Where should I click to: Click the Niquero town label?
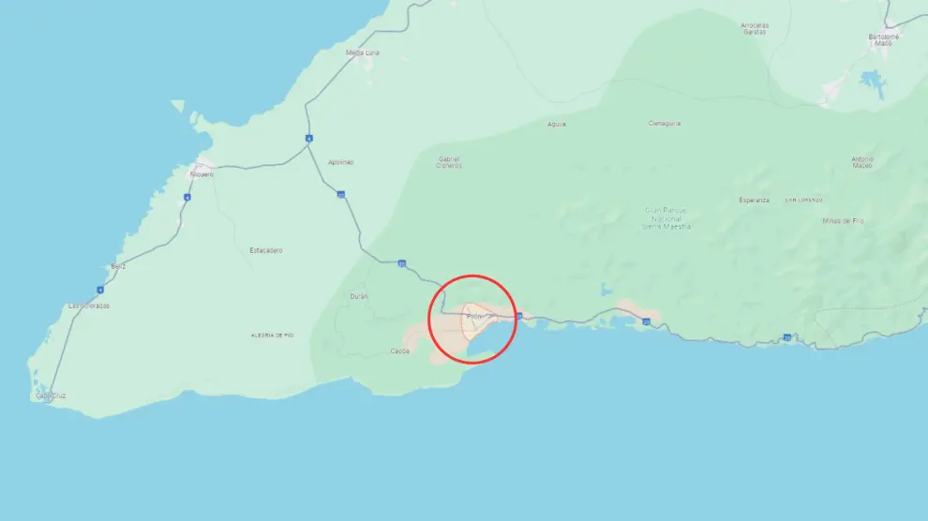[x=202, y=174]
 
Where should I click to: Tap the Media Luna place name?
[x=360, y=52]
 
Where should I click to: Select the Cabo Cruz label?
[x=51, y=395]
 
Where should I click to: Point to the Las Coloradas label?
[x=89, y=305]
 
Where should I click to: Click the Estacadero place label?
[x=266, y=250]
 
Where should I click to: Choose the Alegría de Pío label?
[x=273, y=335]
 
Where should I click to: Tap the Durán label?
[x=359, y=295]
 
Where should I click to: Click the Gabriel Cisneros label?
[x=450, y=162]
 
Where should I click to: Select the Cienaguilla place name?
[x=665, y=123]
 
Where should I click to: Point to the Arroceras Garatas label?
[x=754, y=28]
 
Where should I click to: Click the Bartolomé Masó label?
[x=883, y=39]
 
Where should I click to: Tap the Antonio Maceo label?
[x=862, y=161]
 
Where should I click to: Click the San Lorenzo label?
[x=804, y=200]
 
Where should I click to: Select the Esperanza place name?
[x=754, y=200]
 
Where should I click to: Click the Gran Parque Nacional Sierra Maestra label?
[x=667, y=217]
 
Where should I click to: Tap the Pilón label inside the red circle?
[x=473, y=317]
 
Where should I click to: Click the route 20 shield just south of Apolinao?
[x=341, y=195]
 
